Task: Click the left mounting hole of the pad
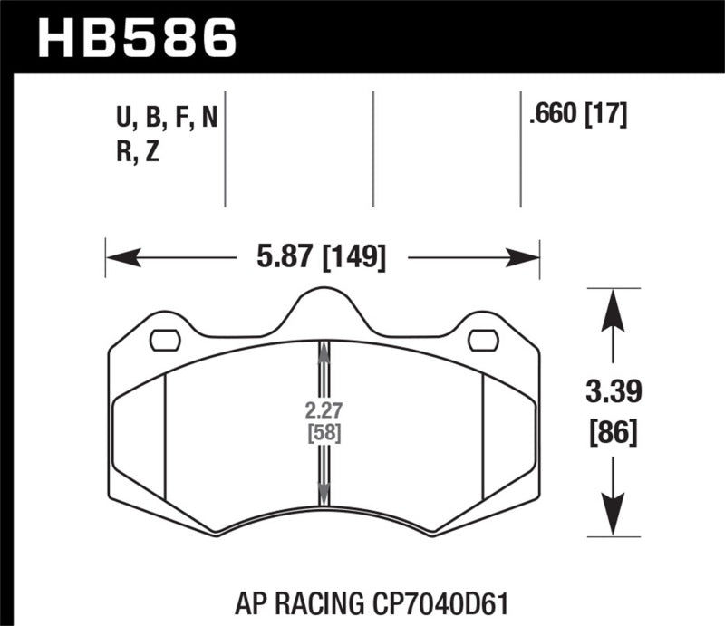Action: (x=164, y=340)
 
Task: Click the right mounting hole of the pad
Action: (x=483, y=340)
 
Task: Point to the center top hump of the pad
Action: (x=324, y=305)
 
